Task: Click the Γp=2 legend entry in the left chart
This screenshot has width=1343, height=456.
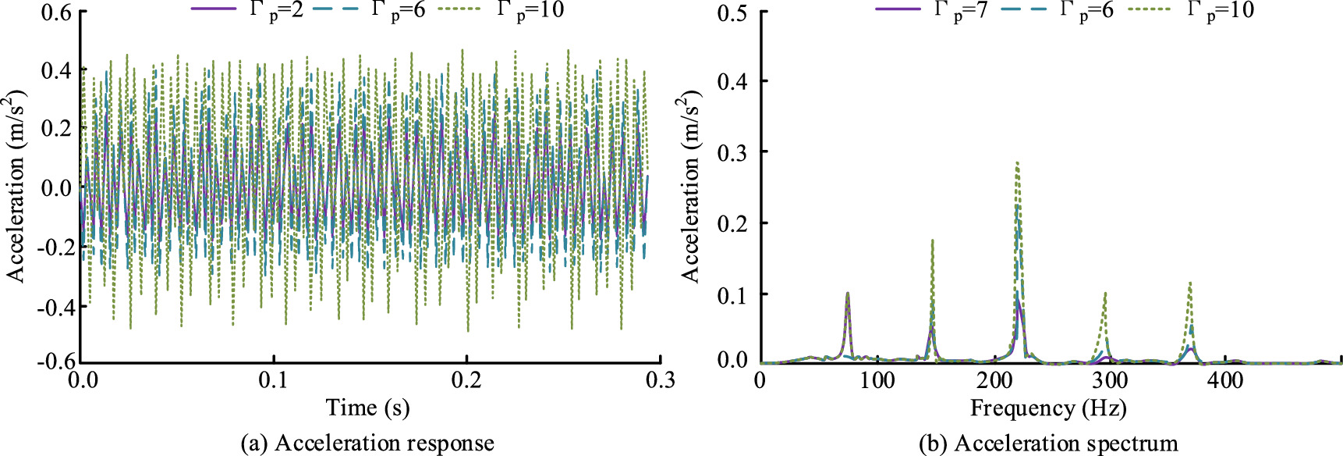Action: [x=247, y=11]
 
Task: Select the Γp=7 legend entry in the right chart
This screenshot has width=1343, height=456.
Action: [x=932, y=11]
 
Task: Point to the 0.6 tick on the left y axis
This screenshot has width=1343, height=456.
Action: [x=56, y=13]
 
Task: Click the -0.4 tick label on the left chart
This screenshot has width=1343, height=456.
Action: [x=52, y=307]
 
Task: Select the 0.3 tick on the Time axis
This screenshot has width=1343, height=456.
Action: [x=659, y=380]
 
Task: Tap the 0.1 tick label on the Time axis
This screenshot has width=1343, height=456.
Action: [x=274, y=380]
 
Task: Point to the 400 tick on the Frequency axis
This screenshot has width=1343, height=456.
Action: [x=1226, y=380]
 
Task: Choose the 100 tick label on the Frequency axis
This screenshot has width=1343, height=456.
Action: [x=877, y=380]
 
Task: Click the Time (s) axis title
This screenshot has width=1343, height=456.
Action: [x=368, y=408]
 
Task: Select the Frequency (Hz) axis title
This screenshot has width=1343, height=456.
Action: [x=1048, y=408]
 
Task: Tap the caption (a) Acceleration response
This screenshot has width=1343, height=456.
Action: [x=367, y=444]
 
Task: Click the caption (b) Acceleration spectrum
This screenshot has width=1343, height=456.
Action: [x=1048, y=444]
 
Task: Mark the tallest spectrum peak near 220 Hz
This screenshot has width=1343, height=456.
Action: [x=1017, y=162]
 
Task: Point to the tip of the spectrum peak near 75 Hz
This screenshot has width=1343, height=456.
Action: [x=848, y=293]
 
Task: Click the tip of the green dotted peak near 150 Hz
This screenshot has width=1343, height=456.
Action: [x=932, y=240]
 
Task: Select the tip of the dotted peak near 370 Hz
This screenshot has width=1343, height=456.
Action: [x=1189, y=283]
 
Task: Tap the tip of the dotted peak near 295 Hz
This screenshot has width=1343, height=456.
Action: [x=1105, y=294]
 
